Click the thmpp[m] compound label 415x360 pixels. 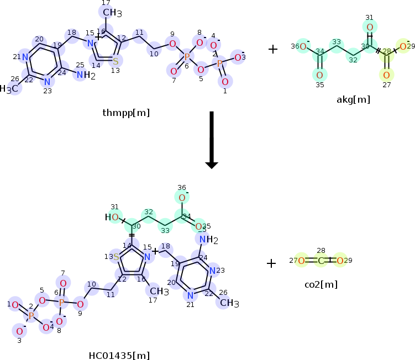[x=126, y=113]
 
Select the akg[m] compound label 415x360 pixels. [x=353, y=99]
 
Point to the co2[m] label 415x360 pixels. [x=321, y=284]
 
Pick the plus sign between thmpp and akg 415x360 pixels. [x=273, y=49]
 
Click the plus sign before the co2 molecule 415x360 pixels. [x=271, y=263]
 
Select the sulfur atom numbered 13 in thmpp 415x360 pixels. [x=115, y=61]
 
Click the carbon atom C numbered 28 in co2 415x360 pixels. [x=321, y=261]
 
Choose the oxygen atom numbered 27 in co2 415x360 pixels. [x=301, y=261]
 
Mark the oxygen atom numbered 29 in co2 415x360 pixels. [x=340, y=261]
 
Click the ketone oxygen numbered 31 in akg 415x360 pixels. [x=370, y=27]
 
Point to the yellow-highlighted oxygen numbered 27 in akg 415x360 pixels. [x=386, y=75]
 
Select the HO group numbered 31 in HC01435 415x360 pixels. [x=112, y=217]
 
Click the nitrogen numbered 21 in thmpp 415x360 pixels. [x=24, y=57]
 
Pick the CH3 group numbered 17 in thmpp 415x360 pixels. [x=108, y=12]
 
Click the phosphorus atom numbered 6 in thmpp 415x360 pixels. [x=186, y=57]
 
